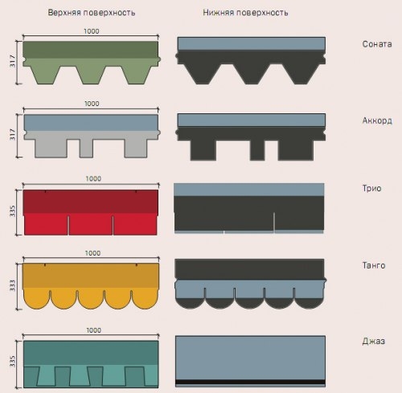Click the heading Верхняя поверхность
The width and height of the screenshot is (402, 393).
[x=92, y=13]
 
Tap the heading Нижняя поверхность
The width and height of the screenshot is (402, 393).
[x=245, y=13]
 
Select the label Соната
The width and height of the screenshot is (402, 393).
[x=377, y=44]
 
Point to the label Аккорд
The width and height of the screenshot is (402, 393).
[x=377, y=121]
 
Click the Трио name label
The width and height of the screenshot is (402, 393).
[x=371, y=188]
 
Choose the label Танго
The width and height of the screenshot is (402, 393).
[x=374, y=265]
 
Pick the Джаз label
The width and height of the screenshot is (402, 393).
[x=374, y=341]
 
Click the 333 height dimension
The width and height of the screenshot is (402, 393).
[x=13, y=285]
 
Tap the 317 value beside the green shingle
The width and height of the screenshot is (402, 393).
[x=13, y=61]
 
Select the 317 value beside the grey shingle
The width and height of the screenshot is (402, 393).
[x=13, y=134]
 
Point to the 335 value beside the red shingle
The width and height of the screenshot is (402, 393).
[x=13, y=211]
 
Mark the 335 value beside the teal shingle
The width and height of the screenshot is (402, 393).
[x=13, y=362]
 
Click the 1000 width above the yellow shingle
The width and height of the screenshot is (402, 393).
[x=92, y=253]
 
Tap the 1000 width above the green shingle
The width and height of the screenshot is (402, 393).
[x=92, y=31]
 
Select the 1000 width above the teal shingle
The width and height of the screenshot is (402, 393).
[x=93, y=330]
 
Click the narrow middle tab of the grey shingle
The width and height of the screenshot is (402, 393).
[x=86, y=148]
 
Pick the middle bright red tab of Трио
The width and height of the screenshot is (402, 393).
[x=91, y=224]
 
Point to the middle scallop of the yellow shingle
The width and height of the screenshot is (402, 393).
[x=91, y=299]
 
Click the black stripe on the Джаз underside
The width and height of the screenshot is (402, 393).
[x=250, y=382]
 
